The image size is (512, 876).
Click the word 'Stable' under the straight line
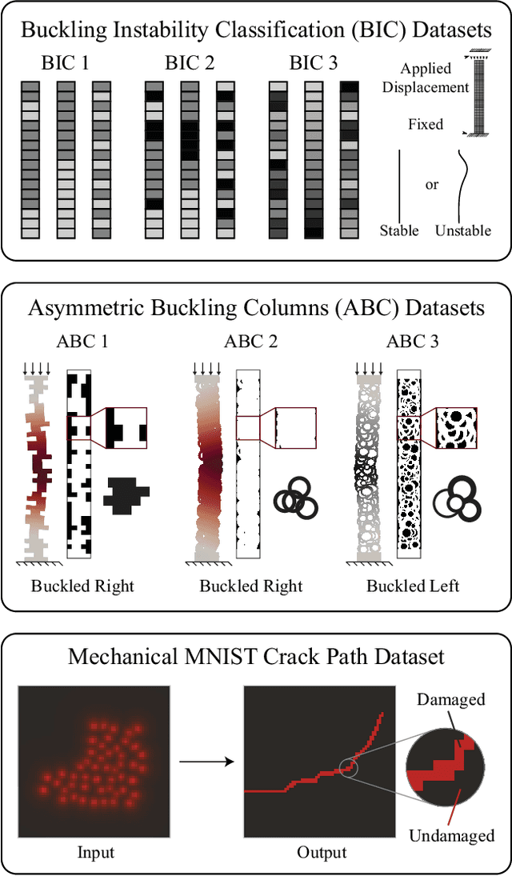pyautogui.click(x=399, y=230)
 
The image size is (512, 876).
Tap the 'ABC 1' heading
pyautogui.click(x=82, y=342)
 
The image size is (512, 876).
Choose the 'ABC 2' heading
pyautogui.click(x=251, y=342)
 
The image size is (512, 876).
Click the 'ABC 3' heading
pyautogui.click(x=412, y=342)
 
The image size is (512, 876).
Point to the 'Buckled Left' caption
pyautogui.click(x=413, y=586)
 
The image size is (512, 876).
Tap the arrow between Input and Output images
pyautogui.click(x=206, y=761)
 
